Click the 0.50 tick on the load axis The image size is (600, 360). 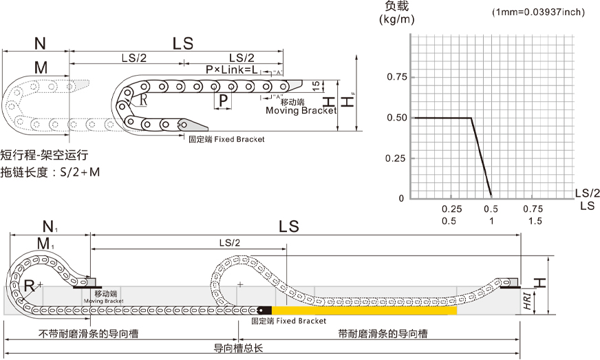tap(396, 118)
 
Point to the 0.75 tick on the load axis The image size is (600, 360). tap(396, 76)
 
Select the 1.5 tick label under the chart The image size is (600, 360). tap(535, 221)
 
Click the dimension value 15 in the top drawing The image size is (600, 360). tap(315, 85)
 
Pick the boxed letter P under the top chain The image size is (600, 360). tap(222, 101)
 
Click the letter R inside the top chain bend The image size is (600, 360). tap(142, 99)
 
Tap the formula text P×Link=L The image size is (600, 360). tap(231, 70)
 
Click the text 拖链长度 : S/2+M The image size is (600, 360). tap(50, 172)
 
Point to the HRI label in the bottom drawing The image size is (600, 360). tap(526, 301)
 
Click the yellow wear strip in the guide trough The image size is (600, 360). tap(365, 311)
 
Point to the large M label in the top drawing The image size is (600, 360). tap(41, 67)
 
